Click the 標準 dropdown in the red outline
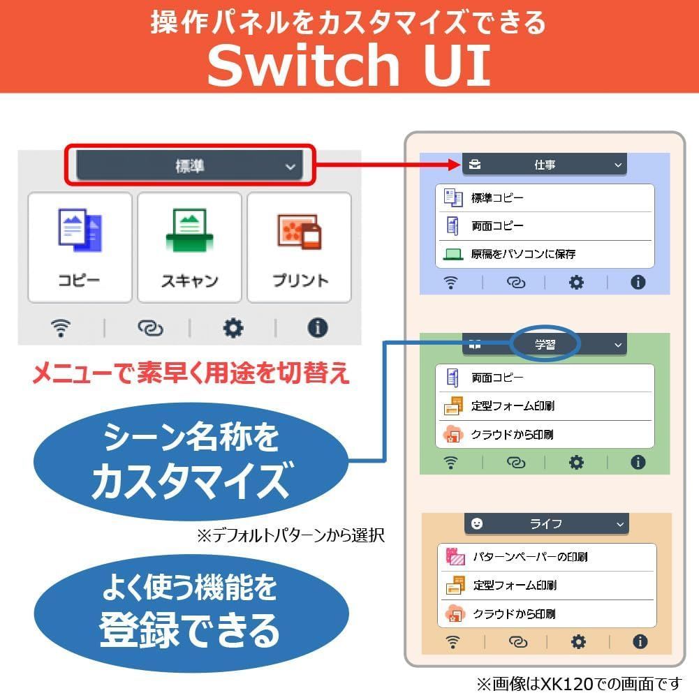[189, 165]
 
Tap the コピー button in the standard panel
[80, 247]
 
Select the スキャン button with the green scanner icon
[189, 247]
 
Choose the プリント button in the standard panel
[299, 247]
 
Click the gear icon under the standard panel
[233, 328]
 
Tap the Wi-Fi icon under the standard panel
[61, 328]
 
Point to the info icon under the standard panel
[318, 328]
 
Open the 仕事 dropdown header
[544, 165]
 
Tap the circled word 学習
[545, 345]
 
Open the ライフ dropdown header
[547, 523]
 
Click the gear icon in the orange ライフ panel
[578, 642]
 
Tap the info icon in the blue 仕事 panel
[638, 282]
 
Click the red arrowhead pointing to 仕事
[454, 165]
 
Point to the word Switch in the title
[304, 65]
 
